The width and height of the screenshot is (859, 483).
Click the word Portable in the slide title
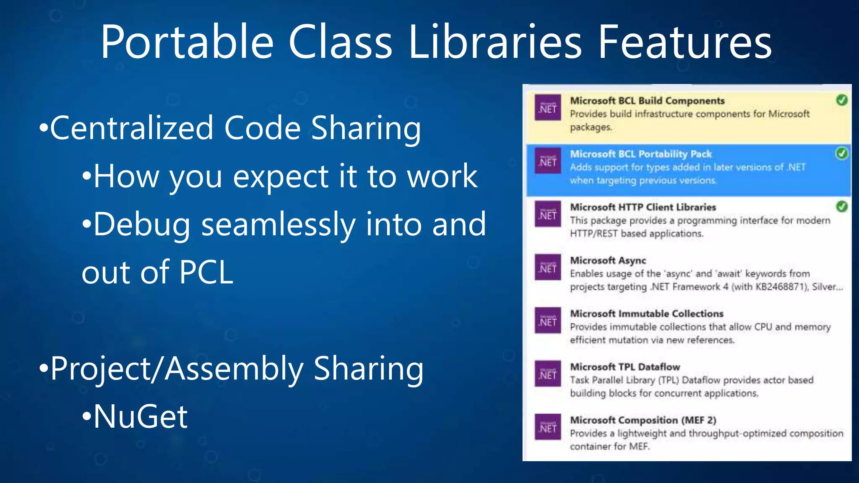coord(187,42)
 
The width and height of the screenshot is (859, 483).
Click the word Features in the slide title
coord(685,42)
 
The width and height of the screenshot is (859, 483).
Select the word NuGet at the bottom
coord(141,417)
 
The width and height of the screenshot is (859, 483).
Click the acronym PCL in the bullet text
coord(206,273)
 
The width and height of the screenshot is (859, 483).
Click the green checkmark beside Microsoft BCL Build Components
coord(841,100)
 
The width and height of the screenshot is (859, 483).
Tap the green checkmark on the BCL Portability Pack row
coord(841,153)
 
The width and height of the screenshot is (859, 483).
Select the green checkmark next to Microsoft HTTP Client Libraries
coord(841,206)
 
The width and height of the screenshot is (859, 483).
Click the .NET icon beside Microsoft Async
coord(548,267)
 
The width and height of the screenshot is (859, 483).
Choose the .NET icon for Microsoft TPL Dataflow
coord(548,374)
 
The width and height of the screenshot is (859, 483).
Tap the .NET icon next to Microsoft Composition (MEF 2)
coord(548,427)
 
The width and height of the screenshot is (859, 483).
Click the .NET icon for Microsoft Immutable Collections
coord(548,321)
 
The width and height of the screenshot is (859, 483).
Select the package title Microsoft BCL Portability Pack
coord(641,154)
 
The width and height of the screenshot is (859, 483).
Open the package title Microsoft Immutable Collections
coord(647,314)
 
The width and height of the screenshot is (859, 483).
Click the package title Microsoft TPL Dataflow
coord(625,367)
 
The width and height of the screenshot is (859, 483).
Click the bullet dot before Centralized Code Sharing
coord(44,128)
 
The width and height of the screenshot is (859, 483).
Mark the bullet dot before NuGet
coord(87,417)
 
